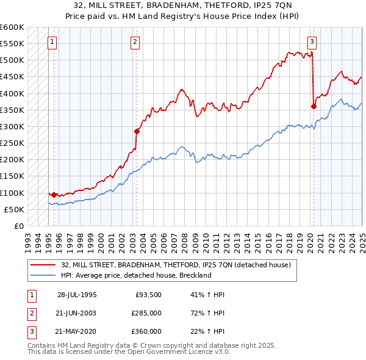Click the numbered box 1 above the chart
pos(52,42)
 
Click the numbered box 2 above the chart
pos(134,42)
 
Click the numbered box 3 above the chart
pos(312,42)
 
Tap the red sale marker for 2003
pos(137,131)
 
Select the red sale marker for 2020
pos(314,106)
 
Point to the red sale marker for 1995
pos(54,195)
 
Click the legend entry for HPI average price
pos(136,275)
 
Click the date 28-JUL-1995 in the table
pos(76,294)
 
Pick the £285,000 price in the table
pos(146,313)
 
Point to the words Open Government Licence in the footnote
pos(186,352)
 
